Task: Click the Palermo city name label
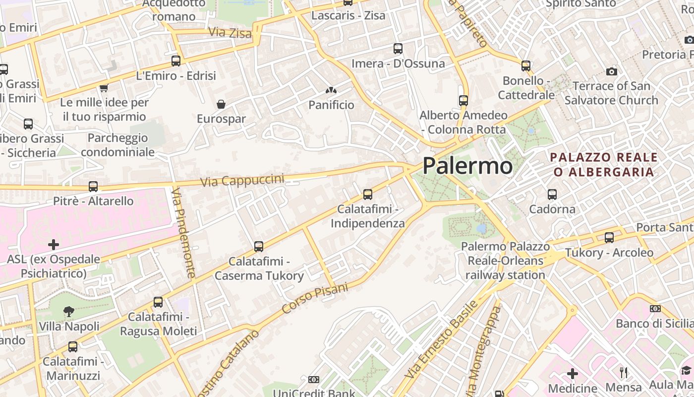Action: click(467, 166)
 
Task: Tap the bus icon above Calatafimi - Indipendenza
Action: click(368, 194)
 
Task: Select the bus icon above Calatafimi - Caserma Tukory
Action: click(258, 246)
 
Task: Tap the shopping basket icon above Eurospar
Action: click(221, 104)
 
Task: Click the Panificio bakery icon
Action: click(331, 90)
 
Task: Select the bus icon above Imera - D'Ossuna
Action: click(398, 48)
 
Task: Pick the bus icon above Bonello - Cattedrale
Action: click(526, 66)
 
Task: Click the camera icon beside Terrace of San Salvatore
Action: click(612, 71)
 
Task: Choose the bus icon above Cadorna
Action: click(552, 194)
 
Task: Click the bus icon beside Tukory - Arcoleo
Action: click(609, 238)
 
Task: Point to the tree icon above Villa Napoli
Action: click(69, 312)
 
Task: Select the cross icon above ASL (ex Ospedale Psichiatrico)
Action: click(54, 244)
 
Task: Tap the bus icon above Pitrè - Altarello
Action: click(93, 187)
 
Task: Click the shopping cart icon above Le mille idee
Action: click(104, 88)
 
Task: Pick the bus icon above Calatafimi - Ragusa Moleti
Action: click(158, 302)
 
